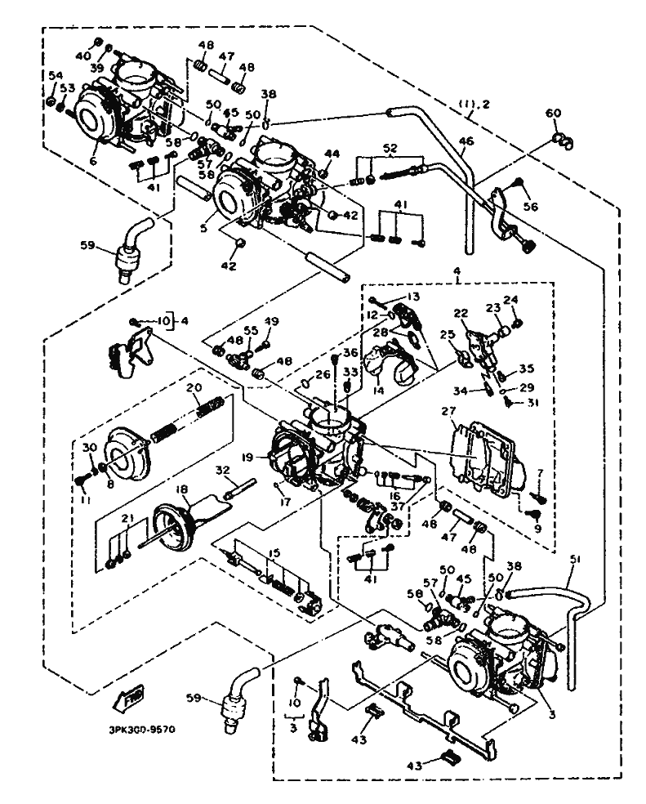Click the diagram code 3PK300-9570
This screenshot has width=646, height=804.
coord(142,730)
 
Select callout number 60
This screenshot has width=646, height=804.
coord(554,113)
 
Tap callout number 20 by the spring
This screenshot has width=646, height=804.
coord(194,387)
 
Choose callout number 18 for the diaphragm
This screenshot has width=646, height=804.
coord(181,490)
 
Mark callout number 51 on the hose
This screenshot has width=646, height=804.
coord(577,560)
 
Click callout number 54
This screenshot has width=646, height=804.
coord(55,76)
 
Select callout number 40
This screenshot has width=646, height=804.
coord(82,55)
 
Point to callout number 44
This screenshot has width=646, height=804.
coord(331,154)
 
